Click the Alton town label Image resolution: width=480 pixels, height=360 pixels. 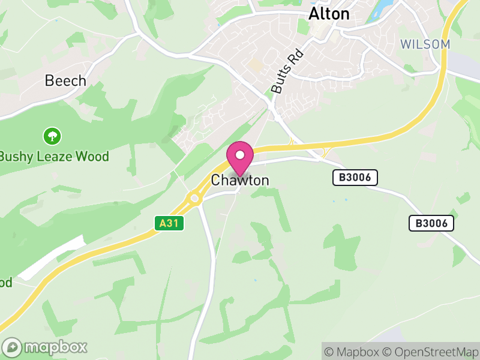point(329,14)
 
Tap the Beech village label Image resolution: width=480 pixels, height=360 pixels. point(65,80)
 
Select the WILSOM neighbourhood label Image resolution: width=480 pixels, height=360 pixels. point(425,44)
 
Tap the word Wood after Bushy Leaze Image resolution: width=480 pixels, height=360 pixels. point(93,157)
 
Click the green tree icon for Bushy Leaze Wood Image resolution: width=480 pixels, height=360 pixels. point(52,136)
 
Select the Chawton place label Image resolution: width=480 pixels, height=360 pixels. point(240,181)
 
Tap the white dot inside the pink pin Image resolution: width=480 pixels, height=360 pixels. point(240,155)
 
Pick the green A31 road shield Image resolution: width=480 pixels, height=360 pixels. point(169,223)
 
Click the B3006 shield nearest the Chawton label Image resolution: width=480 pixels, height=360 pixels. point(355,177)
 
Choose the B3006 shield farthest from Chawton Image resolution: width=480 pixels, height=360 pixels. point(431,223)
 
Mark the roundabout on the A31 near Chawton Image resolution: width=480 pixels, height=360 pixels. point(194,197)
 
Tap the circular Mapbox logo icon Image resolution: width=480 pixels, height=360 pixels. point(13,347)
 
